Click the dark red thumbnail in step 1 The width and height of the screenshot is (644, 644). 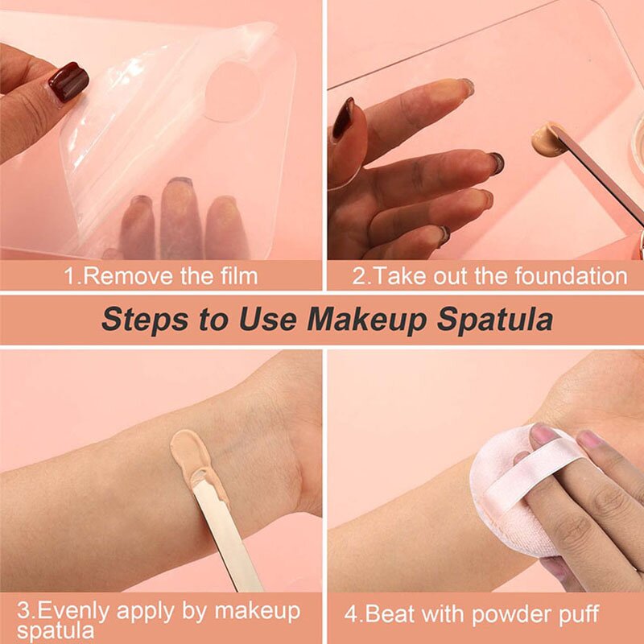(x=68, y=81)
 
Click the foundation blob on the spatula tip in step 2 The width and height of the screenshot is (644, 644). (x=545, y=136)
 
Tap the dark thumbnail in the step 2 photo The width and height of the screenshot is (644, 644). (x=344, y=118)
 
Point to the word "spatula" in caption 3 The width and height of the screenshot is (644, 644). (x=51, y=632)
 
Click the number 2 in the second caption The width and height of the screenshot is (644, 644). (x=358, y=276)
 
